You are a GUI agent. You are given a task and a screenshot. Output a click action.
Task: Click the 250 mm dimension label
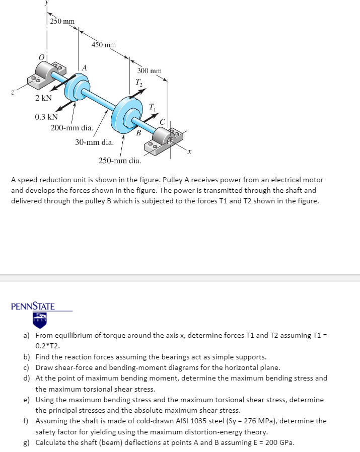(62, 21)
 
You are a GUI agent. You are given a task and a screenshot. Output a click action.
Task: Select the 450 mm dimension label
(104, 45)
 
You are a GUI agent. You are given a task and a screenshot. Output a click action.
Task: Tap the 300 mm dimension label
(150, 71)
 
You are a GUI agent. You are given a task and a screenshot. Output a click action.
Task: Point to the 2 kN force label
(44, 98)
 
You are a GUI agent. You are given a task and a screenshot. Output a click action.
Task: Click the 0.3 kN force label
(46, 117)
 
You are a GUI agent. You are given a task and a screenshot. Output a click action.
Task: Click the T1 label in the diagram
(153, 106)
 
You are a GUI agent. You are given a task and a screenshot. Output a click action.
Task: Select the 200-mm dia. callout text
(71, 128)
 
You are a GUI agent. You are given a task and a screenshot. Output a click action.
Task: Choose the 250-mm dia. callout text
(120, 161)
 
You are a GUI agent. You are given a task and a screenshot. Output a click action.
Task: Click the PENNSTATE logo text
(33, 306)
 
